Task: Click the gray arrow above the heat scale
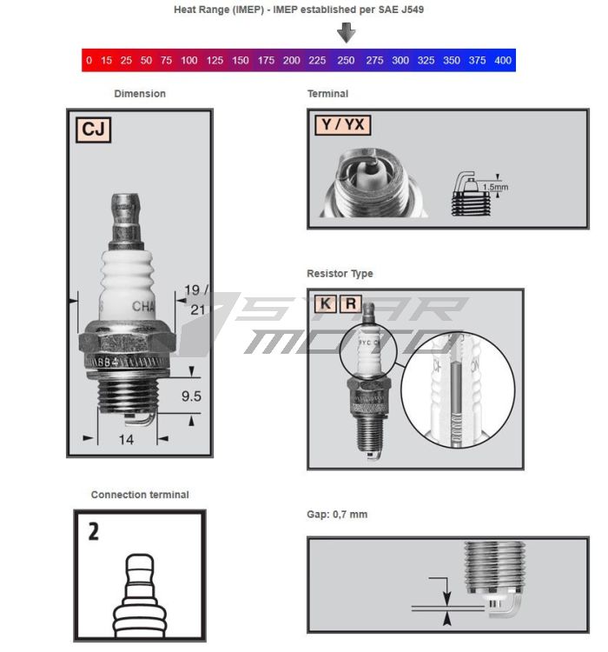pos(347,34)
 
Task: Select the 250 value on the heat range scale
pos(346,61)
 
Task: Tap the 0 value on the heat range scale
pos(89,61)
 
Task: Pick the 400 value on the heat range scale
pos(502,61)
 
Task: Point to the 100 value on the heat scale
pos(189,61)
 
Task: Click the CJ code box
pos(92,130)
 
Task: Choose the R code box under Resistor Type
pos(351,303)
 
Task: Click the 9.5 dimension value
pos(192,396)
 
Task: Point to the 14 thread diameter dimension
pos(126,440)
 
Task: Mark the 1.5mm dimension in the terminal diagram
pos(495,186)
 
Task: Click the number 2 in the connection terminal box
pos(93,531)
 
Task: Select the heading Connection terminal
pos(140,495)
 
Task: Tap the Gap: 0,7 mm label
pos(337,515)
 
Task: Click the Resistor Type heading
pos(340,274)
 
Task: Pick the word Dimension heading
pos(140,93)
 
